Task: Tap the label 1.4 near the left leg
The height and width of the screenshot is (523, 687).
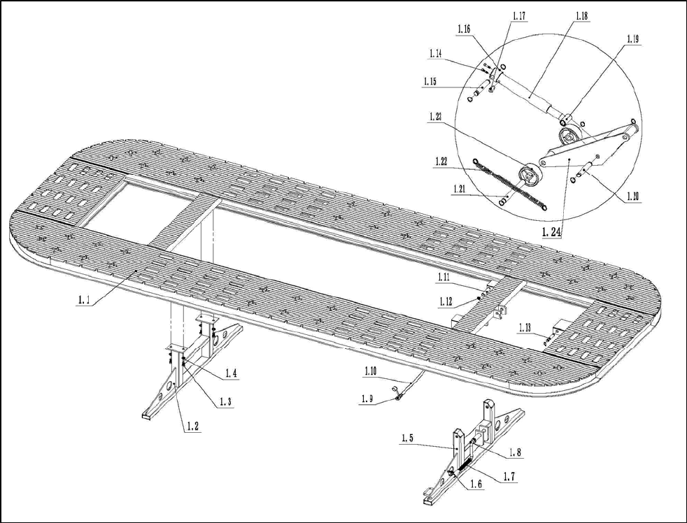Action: pyautogui.click(x=231, y=374)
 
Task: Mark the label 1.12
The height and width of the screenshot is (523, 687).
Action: pyautogui.click(x=446, y=301)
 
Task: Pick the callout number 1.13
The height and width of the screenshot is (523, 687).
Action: pyautogui.click(x=527, y=327)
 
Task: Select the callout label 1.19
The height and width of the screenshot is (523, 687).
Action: pyautogui.click(x=631, y=40)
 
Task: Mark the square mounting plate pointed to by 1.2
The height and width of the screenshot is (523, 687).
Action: pyautogui.click(x=175, y=349)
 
